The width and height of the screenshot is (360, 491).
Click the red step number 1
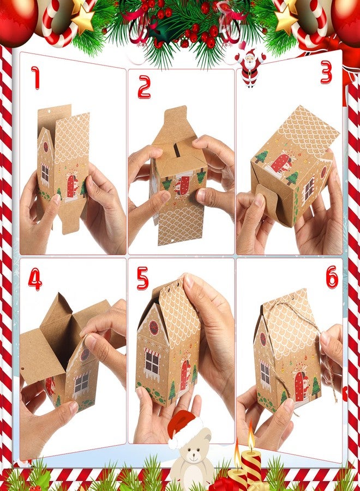click(36, 77)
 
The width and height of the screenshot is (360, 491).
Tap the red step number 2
click(144, 87)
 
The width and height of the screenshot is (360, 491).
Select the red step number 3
click(326, 72)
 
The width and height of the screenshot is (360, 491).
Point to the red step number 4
click(35, 279)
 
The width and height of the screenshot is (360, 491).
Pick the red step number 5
click(143, 278)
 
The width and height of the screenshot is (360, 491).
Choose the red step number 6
click(332, 277)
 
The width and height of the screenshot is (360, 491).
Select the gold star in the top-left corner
click(83, 19)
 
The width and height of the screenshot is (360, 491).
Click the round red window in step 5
click(153, 327)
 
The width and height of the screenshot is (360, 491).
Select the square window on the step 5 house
click(152, 363)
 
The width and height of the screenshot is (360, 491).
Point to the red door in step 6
click(299, 386)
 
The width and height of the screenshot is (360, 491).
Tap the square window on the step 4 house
click(81, 382)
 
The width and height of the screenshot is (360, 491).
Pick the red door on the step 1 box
click(71, 187)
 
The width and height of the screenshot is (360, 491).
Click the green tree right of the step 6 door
click(316, 386)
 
